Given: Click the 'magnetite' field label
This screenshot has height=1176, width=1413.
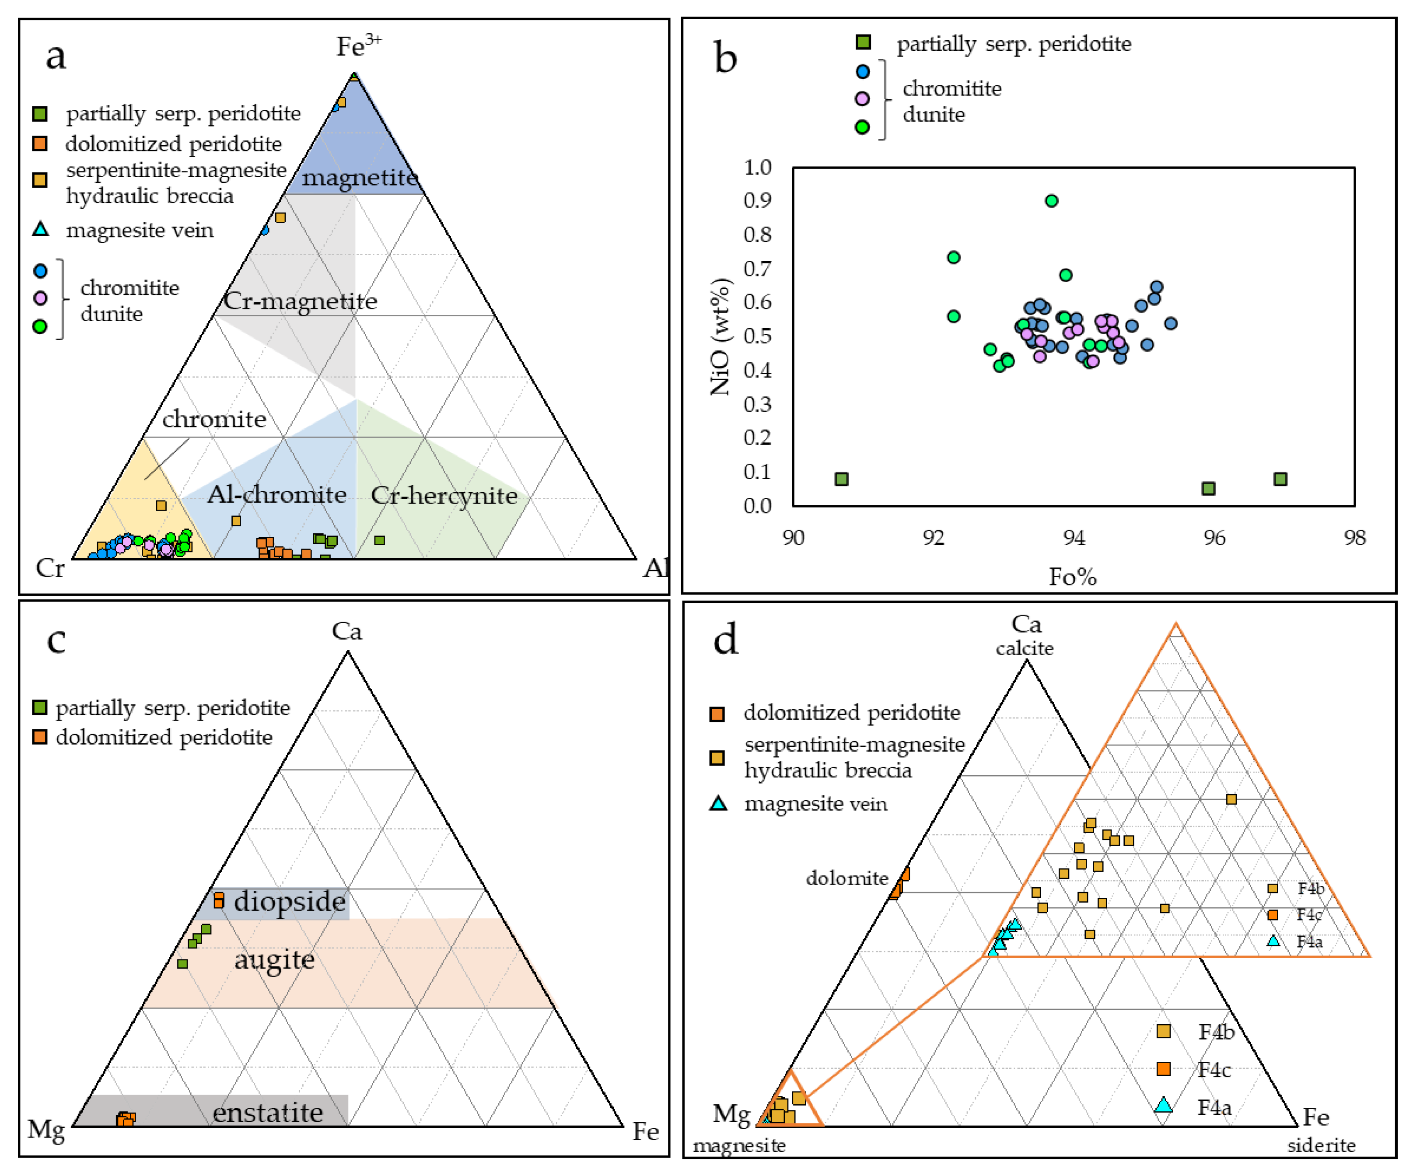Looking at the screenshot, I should pos(360,178).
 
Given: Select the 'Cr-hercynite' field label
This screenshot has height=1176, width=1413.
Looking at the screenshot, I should pos(444,496).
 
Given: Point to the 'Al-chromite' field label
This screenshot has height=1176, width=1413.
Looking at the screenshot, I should pos(276,494).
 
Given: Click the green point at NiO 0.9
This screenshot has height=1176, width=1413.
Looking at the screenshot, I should pos(1051,200).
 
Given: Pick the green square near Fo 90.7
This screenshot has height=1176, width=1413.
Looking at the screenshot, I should pos(841,479).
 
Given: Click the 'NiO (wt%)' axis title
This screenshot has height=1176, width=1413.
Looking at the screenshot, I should pos(720,336).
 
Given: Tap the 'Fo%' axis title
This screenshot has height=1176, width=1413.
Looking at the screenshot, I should pos(1073,577).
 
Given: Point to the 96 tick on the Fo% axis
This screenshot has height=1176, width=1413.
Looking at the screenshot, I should pos(1214,538).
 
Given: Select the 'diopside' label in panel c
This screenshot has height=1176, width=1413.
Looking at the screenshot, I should pos(289,901).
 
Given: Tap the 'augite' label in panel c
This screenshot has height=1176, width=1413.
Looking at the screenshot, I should pos(275,959).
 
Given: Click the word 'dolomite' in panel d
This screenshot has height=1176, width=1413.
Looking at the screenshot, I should pos(847,878).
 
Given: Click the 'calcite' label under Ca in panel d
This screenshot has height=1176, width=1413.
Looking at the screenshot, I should pos(1025,648).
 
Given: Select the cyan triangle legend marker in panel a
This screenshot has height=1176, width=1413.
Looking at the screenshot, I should pos(40,229).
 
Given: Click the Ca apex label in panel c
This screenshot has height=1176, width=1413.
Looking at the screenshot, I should pos(346,631).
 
